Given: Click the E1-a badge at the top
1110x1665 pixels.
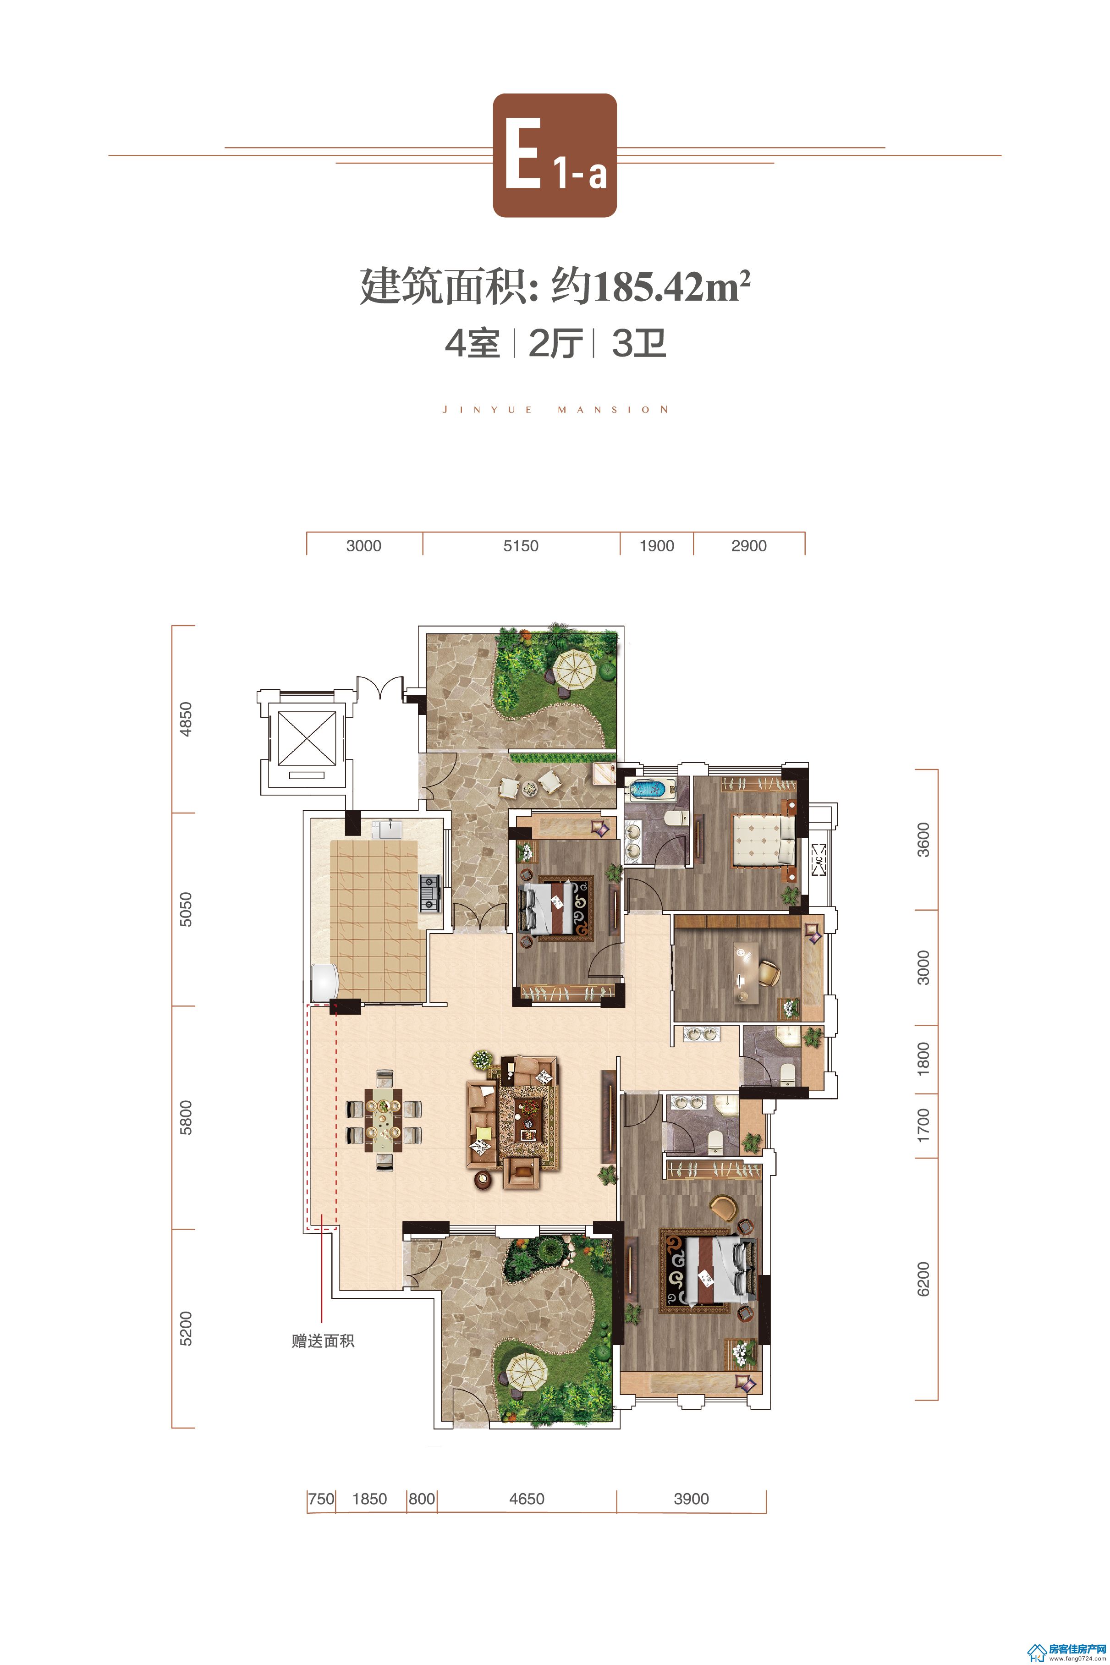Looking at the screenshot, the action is click(x=554, y=155).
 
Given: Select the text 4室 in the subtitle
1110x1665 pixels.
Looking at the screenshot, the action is click(x=472, y=345).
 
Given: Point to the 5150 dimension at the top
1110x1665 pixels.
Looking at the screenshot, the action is click(x=521, y=546).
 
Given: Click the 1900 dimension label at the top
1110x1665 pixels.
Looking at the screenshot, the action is click(x=656, y=546).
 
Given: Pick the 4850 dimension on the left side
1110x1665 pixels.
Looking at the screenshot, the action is click(x=186, y=719).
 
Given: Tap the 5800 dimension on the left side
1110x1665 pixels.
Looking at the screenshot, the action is click(x=186, y=1118).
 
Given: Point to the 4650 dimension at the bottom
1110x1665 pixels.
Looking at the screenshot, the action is click(x=527, y=1499).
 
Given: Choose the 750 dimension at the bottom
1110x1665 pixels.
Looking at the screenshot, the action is click(x=321, y=1499).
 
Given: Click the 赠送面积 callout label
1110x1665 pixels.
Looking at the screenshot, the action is click(x=323, y=1341).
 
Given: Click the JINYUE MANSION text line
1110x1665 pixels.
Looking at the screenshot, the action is click(x=555, y=409).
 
